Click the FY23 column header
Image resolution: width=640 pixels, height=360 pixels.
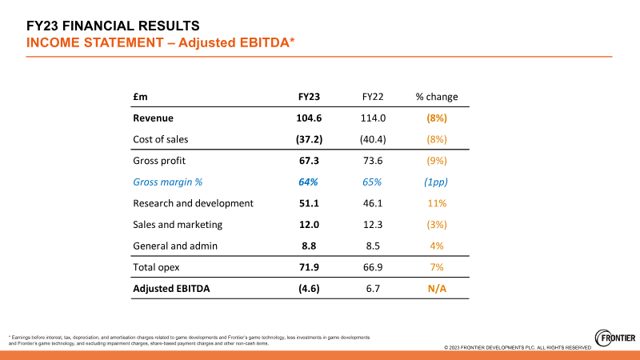[309, 97]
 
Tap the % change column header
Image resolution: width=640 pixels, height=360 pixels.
[437, 97]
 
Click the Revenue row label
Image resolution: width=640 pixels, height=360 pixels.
[155, 118]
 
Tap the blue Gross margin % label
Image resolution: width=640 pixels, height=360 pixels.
[168, 182]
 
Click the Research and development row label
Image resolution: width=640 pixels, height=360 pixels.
[193, 203]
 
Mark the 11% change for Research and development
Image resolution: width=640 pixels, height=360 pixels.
[437, 203]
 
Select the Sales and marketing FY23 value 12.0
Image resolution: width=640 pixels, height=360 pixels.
[309, 225]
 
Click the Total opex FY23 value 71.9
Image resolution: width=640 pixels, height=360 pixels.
[309, 267]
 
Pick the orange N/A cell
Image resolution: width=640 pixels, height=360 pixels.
[437, 289]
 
